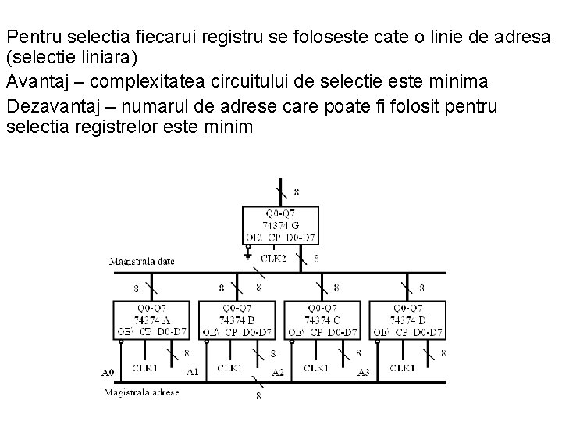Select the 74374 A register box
(x=151, y=320)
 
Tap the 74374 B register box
(x=237, y=320)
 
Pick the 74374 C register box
(x=322, y=320)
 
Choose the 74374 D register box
(x=407, y=320)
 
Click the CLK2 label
(x=273, y=257)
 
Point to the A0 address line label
(x=107, y=372)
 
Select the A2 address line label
(x=278, y=372)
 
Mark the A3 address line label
(x=363, y=372)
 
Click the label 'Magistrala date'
(x=141, y=261)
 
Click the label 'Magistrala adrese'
(x=143, y=392)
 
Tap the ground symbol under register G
(x=247, y=255)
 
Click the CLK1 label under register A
(x=144, y=367)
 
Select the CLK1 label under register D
(x=402, y=367)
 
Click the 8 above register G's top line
(x=296, y=191)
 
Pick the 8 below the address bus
(x=258, y=397)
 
